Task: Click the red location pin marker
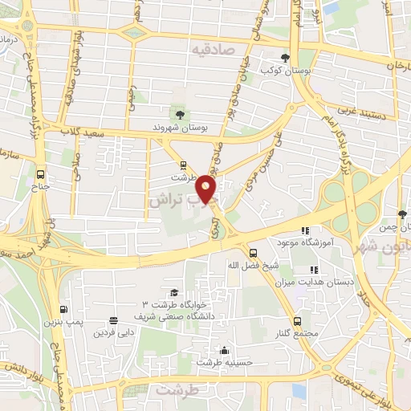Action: click(208, 189)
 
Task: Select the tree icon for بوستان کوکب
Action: click(285, 57)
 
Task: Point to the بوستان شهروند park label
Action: click(181, 127)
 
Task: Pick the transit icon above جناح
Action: click(41, 174)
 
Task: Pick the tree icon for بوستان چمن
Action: click(401, 214)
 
